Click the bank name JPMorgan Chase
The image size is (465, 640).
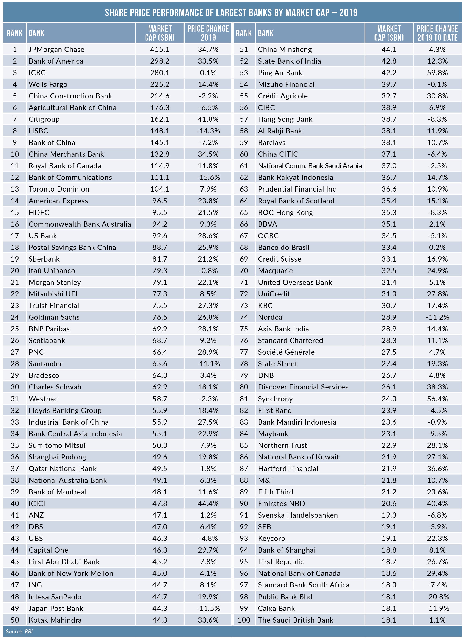(x=56, y=50)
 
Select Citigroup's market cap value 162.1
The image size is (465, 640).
(x=160, y=119)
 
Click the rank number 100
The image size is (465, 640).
(x=244, y=620)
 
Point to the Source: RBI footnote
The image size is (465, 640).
(x=19, y=632)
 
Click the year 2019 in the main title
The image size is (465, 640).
(x=348, y=13)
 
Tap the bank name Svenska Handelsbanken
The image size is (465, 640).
(x=298, y=515)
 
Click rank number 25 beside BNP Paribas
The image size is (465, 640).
(x=15, y=329)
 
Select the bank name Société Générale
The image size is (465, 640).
(x=286, y=352)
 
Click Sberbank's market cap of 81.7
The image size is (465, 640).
(x=160, y=259)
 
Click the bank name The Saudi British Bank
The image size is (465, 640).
(x=296, y=620)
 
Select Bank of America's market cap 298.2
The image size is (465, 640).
(x=160, y=61)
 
